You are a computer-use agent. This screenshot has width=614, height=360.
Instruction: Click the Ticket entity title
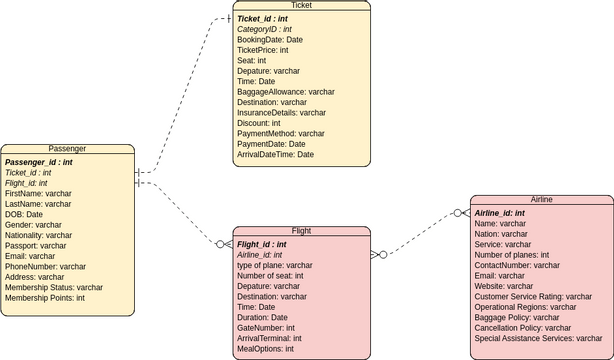point(301,6)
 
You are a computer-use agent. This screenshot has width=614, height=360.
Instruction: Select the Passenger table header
point(67,149)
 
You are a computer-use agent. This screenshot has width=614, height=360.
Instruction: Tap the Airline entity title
point(541,200)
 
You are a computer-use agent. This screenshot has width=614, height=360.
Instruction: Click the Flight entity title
point(301,231)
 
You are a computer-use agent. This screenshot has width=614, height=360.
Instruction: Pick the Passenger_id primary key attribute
point(39,161)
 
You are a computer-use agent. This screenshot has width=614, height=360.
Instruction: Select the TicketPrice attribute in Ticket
point(263,50)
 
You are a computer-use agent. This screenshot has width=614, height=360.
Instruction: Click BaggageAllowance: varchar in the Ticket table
point(286,92)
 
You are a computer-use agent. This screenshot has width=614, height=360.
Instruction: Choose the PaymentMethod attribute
point(281,134)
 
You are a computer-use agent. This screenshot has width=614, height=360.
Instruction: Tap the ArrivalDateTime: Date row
point(276,155)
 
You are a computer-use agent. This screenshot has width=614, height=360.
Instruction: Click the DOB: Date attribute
point(24,214)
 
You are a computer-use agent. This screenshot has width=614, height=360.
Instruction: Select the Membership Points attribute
point(45,298)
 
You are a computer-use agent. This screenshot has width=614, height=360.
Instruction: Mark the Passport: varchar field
point(36,245)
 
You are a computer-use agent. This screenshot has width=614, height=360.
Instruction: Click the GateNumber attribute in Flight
point(266,328)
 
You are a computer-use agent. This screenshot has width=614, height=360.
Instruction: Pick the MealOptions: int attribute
point(266,349)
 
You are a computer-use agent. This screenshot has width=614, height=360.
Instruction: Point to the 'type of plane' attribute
point(275,265)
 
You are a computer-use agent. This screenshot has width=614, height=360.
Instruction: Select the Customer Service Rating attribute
point(533,297)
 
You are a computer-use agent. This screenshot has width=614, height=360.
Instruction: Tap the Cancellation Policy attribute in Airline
point(523,328)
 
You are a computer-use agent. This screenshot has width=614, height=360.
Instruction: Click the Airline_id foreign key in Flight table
point(260,255)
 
